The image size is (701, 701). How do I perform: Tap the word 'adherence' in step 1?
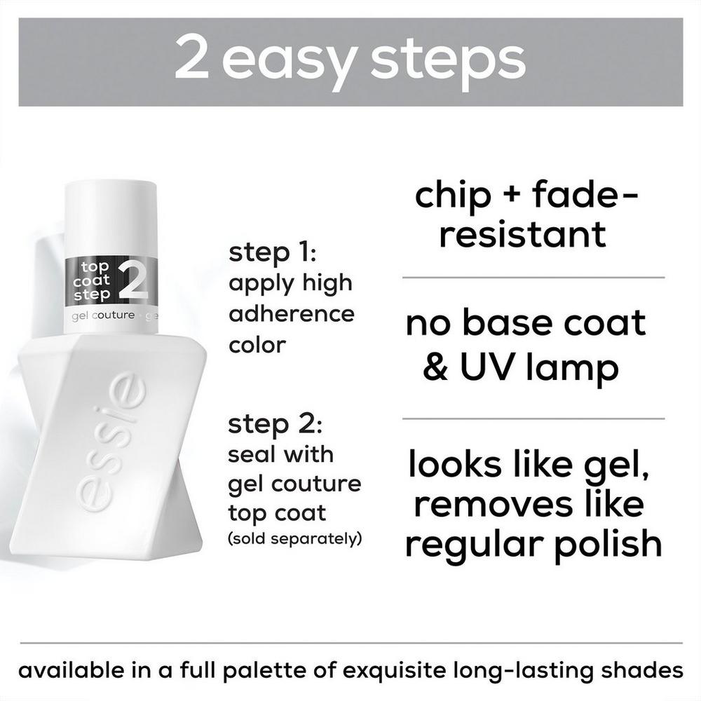[x=291, y=313]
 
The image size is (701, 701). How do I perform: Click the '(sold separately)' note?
[x=294, y=539]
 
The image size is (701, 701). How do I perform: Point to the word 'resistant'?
[x=522, y=233]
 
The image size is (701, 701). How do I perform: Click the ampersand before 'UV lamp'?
[x=435, y=367]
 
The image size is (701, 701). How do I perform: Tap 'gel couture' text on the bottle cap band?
[x=103, y=315]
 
